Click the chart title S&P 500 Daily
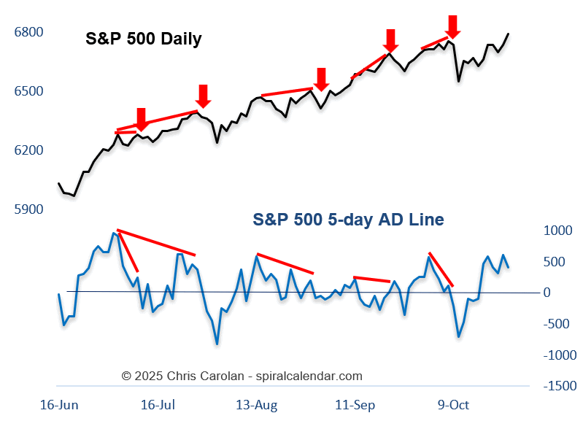click(143, 39)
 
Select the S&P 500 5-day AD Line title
click(348, 219)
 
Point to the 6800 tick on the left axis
click(28, 32)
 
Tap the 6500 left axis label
click(28, 91)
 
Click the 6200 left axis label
click(28, 150)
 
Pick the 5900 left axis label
click(28, 209)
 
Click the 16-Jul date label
click(158, 404)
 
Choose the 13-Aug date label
click(256, 404)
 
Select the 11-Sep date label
click(353, 404)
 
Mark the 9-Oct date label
click(453, 404)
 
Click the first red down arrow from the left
click(142, 119)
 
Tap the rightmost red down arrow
click(452, 26)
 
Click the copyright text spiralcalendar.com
click(242, 376)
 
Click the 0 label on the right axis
click(547, 293)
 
